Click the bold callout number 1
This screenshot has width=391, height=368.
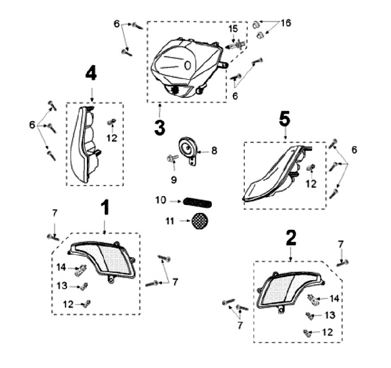(105, 207)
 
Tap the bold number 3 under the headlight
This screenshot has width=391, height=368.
(159, 128)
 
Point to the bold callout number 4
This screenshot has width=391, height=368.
(91, 73)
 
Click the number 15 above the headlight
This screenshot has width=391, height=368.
(232, 28)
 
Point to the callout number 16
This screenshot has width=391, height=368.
(286, 23)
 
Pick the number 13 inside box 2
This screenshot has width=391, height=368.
(330, 315)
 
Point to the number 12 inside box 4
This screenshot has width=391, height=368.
(112, 138)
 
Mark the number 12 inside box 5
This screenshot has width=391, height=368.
(311, 184)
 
